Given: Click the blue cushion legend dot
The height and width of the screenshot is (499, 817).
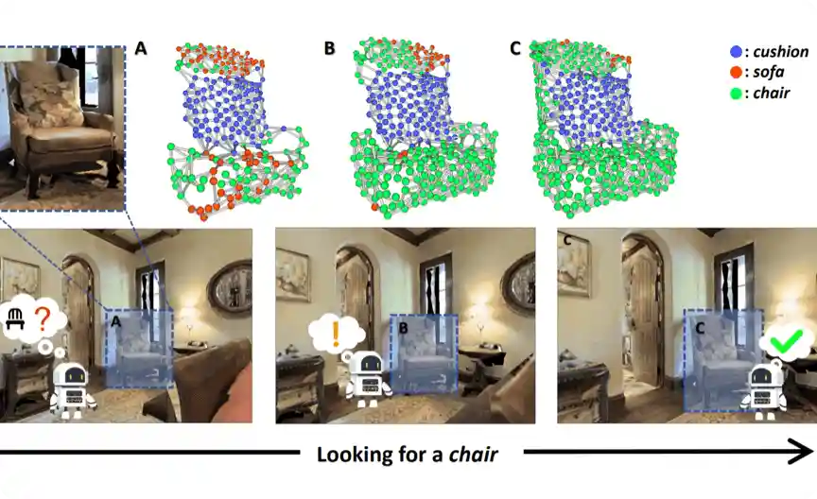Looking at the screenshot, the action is (737, 52).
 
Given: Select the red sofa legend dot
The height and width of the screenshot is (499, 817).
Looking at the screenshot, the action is (737, 72).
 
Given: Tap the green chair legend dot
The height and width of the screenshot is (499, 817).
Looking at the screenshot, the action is (737, 94).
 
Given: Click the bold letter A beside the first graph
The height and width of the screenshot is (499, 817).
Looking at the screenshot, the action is (141, 48).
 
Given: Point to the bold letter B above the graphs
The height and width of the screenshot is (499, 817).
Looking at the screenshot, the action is (329, 48).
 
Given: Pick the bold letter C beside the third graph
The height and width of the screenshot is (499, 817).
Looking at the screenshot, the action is (514, 48).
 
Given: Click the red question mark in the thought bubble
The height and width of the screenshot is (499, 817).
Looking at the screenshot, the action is (43, 319).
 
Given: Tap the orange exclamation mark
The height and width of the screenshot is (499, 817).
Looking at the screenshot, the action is (336, 334).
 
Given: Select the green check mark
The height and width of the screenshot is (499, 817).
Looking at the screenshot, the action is (787, 341).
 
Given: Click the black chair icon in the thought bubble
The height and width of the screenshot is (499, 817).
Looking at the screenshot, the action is (15, 318).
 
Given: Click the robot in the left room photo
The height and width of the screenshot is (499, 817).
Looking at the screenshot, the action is (73, 389).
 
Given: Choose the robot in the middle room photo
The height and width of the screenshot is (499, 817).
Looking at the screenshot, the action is (369, 379).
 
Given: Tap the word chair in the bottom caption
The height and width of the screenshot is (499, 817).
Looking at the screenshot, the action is (473, 455).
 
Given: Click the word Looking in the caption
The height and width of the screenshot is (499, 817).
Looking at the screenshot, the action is (354, 455).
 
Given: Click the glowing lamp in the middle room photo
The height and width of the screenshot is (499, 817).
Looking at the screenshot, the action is (478, 313).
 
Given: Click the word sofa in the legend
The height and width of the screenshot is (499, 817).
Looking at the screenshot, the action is (769, 72).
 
